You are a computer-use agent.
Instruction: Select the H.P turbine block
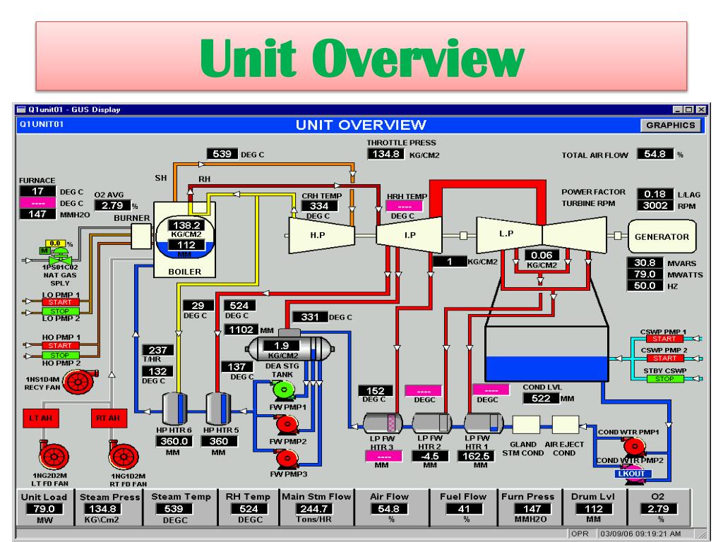click(313, 234)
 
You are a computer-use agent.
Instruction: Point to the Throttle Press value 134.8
click(386, 154)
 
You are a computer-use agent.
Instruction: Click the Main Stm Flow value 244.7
click(316, 509)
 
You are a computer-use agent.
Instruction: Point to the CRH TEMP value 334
click(315, 205)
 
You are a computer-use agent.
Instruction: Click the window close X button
click(701, 109)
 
